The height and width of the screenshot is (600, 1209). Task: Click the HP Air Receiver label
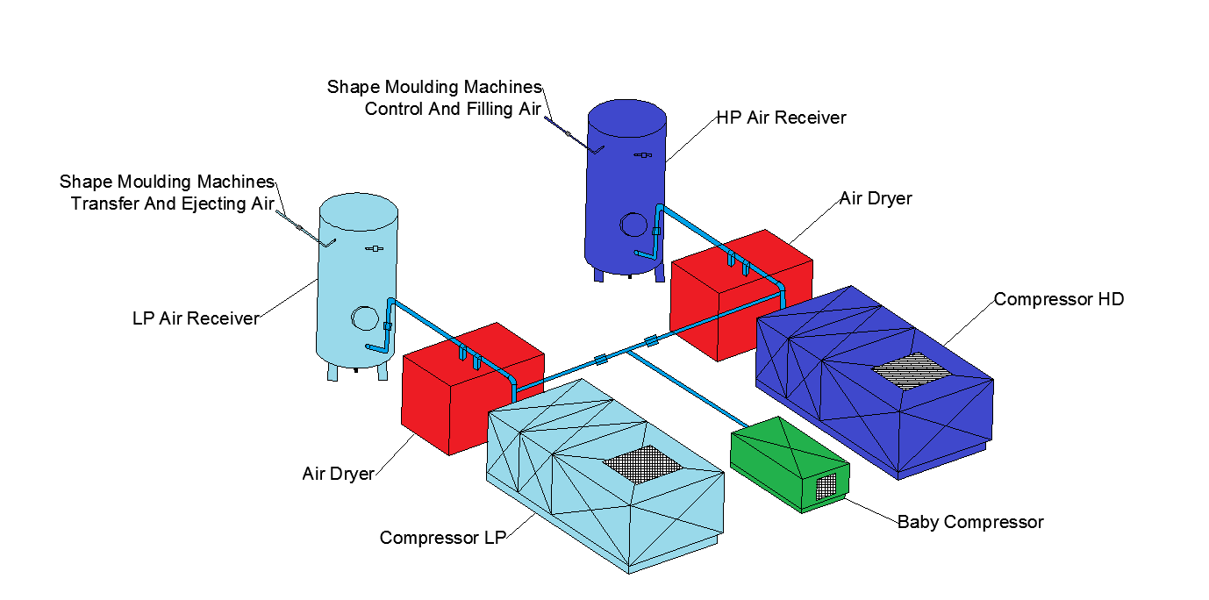point(781,118)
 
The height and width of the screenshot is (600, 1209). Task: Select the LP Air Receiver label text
point(196,318)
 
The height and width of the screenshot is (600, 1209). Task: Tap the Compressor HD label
point(1058,299)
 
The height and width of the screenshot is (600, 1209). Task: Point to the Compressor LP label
point(442,537)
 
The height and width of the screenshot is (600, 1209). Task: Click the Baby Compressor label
point(969,522)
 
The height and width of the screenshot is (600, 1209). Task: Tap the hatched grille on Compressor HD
point(911,373)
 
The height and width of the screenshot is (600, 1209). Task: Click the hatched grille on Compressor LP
point(643,463)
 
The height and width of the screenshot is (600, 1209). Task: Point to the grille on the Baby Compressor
point(826,488)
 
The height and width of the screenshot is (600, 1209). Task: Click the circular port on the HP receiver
point(632,224)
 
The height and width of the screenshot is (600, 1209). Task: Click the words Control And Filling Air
point(453,109)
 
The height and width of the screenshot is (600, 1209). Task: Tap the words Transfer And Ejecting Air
point(172,204)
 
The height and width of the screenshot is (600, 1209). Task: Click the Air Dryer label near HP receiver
point(875,198)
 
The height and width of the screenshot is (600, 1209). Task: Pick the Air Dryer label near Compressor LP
point(338,474)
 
